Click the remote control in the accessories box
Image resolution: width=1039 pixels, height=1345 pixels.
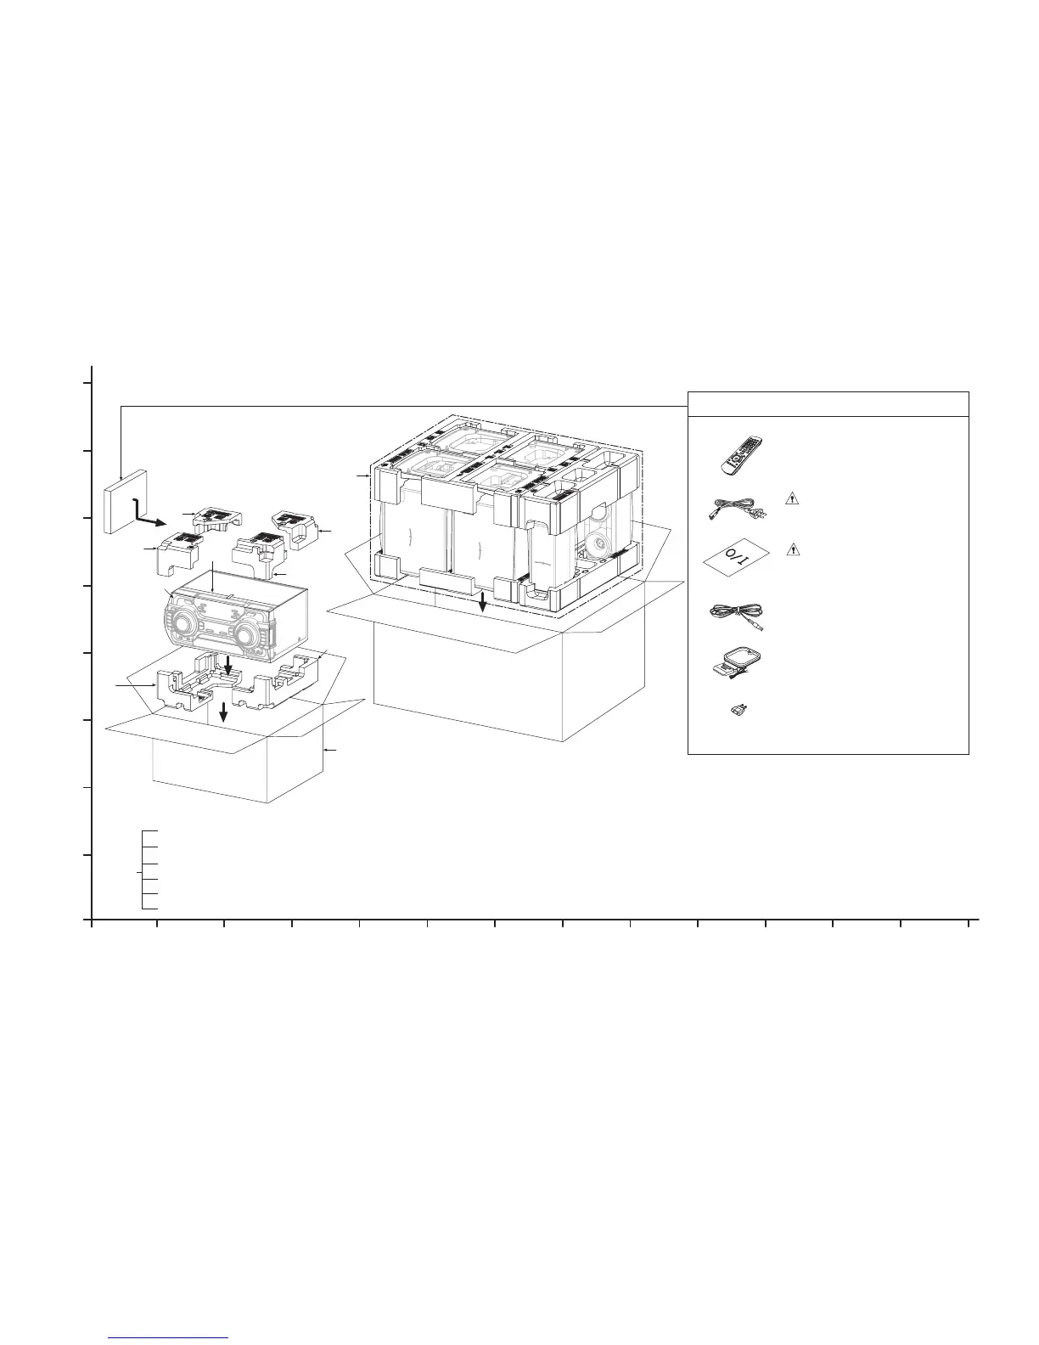coord(741,456)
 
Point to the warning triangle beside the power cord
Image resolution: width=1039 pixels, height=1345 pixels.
coord(791,498)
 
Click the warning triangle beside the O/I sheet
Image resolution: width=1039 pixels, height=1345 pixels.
coord(792,549)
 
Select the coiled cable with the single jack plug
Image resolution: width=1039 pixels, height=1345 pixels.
coord(737,616)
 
